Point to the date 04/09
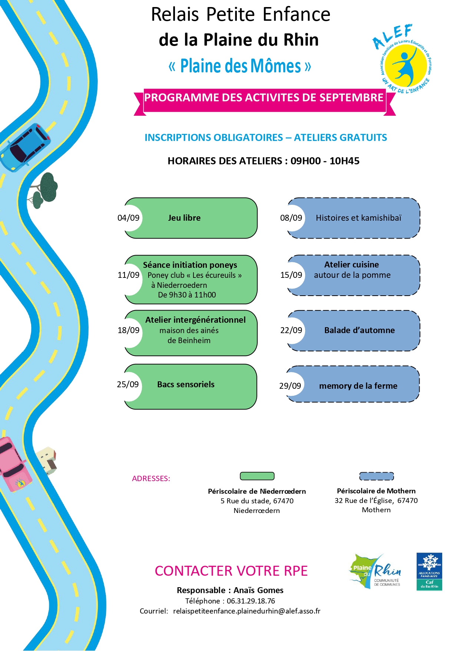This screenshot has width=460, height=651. point(128,218)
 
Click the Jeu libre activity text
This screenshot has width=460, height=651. point(184,218)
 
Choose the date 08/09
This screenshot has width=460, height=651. point(291,218)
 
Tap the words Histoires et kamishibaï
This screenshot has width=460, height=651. point(358,218)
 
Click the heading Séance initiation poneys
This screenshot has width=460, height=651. point(190,265)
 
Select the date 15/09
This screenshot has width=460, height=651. point(291,275)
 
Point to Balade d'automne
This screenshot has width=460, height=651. point(360,330)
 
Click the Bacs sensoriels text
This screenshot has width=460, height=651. point(186,384)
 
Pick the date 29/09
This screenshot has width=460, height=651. point(290,386)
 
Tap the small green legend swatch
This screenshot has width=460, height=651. point(257,476)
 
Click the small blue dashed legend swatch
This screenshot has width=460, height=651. point(377,476)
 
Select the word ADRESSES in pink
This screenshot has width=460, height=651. point(151,479)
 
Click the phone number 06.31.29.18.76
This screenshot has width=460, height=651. point(251,601)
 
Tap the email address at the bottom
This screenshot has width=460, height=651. point(246,611)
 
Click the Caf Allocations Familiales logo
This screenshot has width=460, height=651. point(429,572)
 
